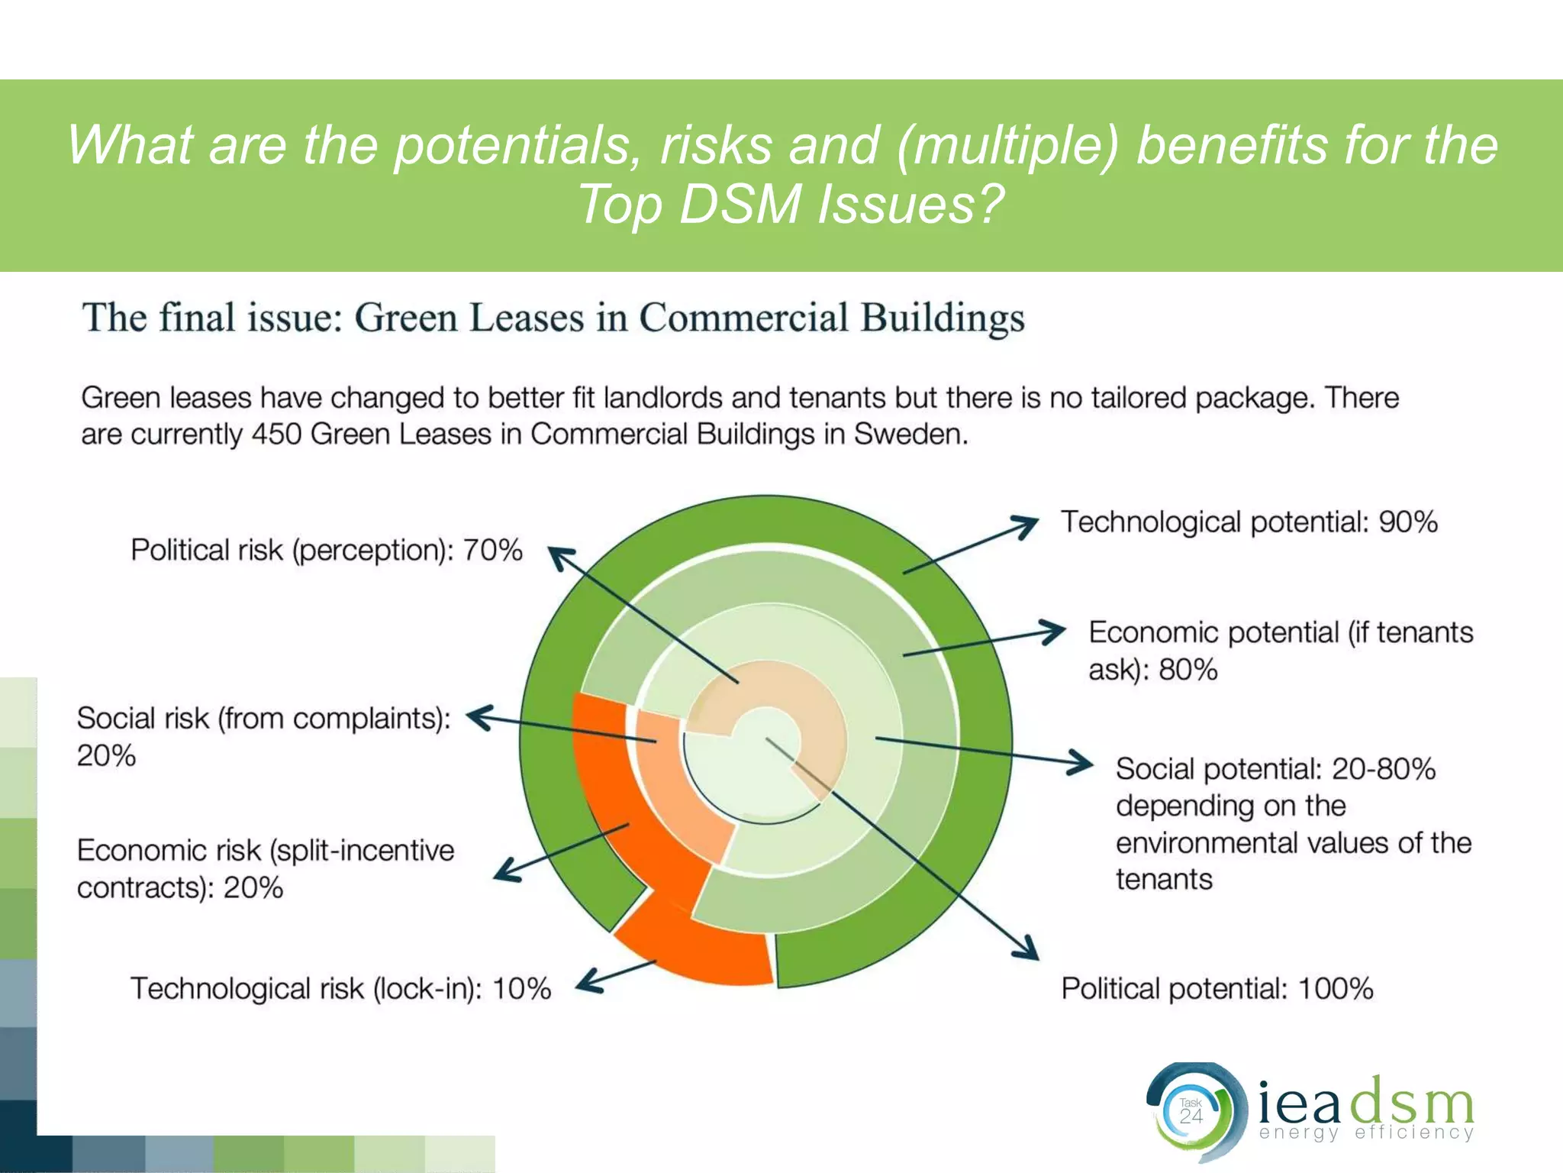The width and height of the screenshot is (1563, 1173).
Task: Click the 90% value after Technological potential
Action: coord(1407,522)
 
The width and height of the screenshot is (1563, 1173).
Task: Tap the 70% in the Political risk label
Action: coord(493,550)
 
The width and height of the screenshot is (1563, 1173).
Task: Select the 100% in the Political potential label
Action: coord(1335,988)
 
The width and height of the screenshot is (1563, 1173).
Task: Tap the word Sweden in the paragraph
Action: coord(908,435)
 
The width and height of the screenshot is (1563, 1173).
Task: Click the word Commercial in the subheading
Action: coord(743,318)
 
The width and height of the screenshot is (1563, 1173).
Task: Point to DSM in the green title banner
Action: coord(740,205)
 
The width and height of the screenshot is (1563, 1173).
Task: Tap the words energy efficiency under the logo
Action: coord(1366,1133)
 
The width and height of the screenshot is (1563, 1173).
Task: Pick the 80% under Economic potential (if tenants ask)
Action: coord(1188,670)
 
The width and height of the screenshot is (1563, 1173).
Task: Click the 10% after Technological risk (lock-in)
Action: coord(521,988)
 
